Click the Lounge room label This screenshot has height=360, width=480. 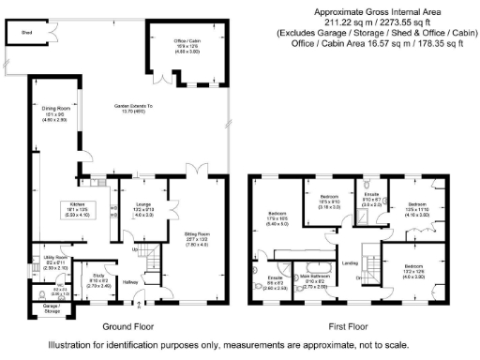[143, 204]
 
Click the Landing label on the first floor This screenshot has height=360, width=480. [351, 262]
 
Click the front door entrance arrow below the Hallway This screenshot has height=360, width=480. [140, 304]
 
